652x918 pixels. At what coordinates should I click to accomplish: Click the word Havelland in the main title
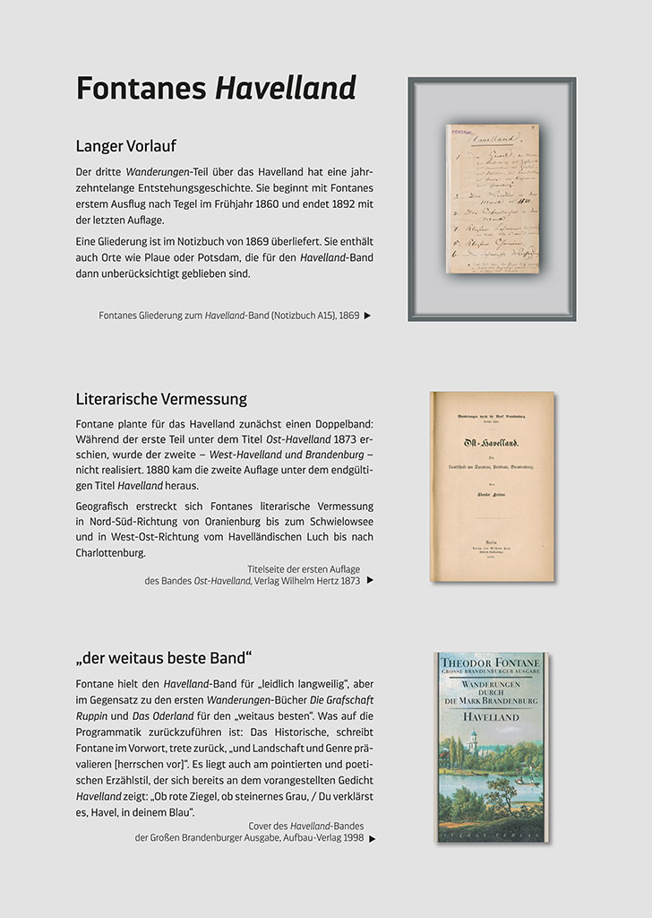pos(286,88)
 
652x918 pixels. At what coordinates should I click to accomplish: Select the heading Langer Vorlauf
pos(131,145)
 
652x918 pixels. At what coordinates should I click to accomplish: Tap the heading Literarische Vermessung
pos(161,398)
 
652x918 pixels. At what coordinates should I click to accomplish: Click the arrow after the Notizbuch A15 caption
pos(367,316)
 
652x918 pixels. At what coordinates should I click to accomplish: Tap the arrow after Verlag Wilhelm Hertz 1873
pos(370,580)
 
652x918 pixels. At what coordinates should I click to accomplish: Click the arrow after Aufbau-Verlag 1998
pos(372,839)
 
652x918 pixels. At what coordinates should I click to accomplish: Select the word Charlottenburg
pos(110,553)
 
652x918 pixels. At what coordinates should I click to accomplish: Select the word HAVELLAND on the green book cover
pos(492,716)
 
